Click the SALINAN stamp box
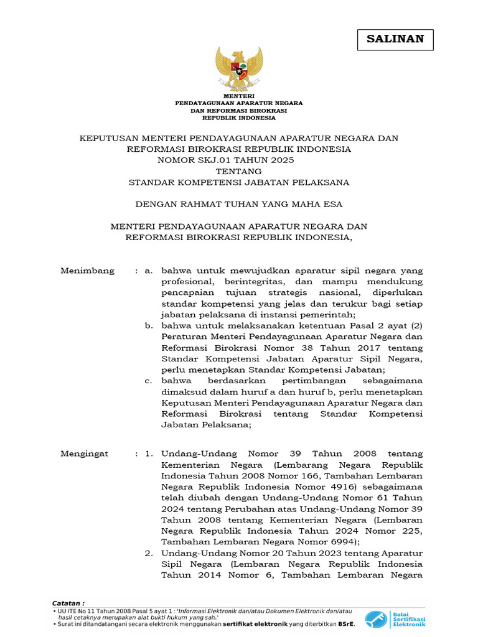click(395, 39)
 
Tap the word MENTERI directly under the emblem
click(239, 96)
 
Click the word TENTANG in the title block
click(238, 171)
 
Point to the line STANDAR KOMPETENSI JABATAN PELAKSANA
click(238, 182)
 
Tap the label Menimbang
click(87, 271)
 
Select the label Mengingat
click(84, 453)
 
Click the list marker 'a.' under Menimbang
click(148, 271)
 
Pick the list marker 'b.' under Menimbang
click(148, 325)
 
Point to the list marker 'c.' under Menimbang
click(148, 380)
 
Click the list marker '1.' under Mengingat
click(149, 453)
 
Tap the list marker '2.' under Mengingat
click(149, 552)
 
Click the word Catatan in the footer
click(67, 603)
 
